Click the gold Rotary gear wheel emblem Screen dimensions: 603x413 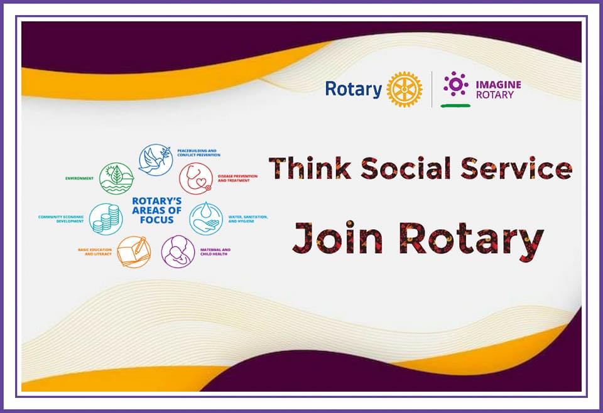pos(404,89)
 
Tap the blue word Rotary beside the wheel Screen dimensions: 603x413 pos(354,89)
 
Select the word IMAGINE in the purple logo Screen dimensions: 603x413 pos(498,85)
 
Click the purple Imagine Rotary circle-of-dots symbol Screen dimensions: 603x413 pos(456,83)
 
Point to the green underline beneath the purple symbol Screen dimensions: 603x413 pos(456,104)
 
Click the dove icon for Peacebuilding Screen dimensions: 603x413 pos(155,160)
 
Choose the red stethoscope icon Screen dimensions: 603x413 pos(196,179)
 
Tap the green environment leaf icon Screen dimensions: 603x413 pos(117,178)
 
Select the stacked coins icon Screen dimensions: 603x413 pos(106,219)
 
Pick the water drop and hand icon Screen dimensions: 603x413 pos(206,219)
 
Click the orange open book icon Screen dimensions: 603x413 pos(134,252)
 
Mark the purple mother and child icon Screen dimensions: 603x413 pos(178,252)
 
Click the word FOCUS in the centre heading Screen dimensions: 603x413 pos(157,220)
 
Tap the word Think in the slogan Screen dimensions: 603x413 pos(310,168)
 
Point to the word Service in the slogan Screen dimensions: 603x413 pos(516,168)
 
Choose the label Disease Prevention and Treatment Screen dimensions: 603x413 pos(237,178)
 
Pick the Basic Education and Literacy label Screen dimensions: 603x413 pos(95,252)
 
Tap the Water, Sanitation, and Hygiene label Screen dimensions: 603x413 pos(248,219)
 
